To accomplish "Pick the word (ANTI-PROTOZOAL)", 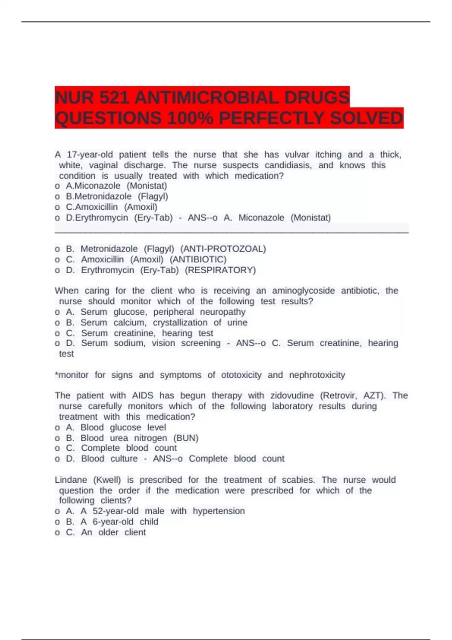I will coord(223,249).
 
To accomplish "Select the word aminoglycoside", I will coord(303,291).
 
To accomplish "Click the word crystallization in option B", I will coord(180,323).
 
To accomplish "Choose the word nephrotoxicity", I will coord(317,375).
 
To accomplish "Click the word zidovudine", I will coord(292,396).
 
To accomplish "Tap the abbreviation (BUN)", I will coord(186,438).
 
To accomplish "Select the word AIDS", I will coord(142,396).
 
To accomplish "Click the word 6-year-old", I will coord(113,522).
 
